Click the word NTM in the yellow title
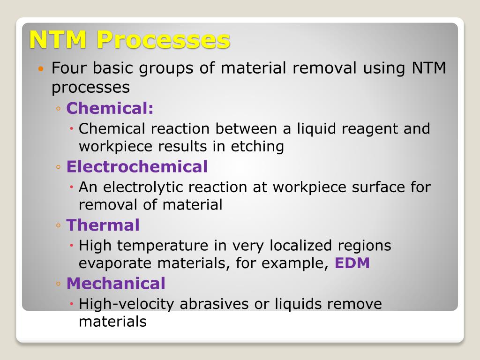(x=58, y=40)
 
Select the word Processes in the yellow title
(x=164, y=40)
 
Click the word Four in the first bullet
(x=69, y=68)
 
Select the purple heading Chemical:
(x=110, y=108)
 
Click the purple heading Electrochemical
(x=137, y=166)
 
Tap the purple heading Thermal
(x=103, y=225)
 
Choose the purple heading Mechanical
(x=116, y=283)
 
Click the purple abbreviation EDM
(x=352, y=263)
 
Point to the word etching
(x=257, y=147)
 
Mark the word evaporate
(x=116, y=263)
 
